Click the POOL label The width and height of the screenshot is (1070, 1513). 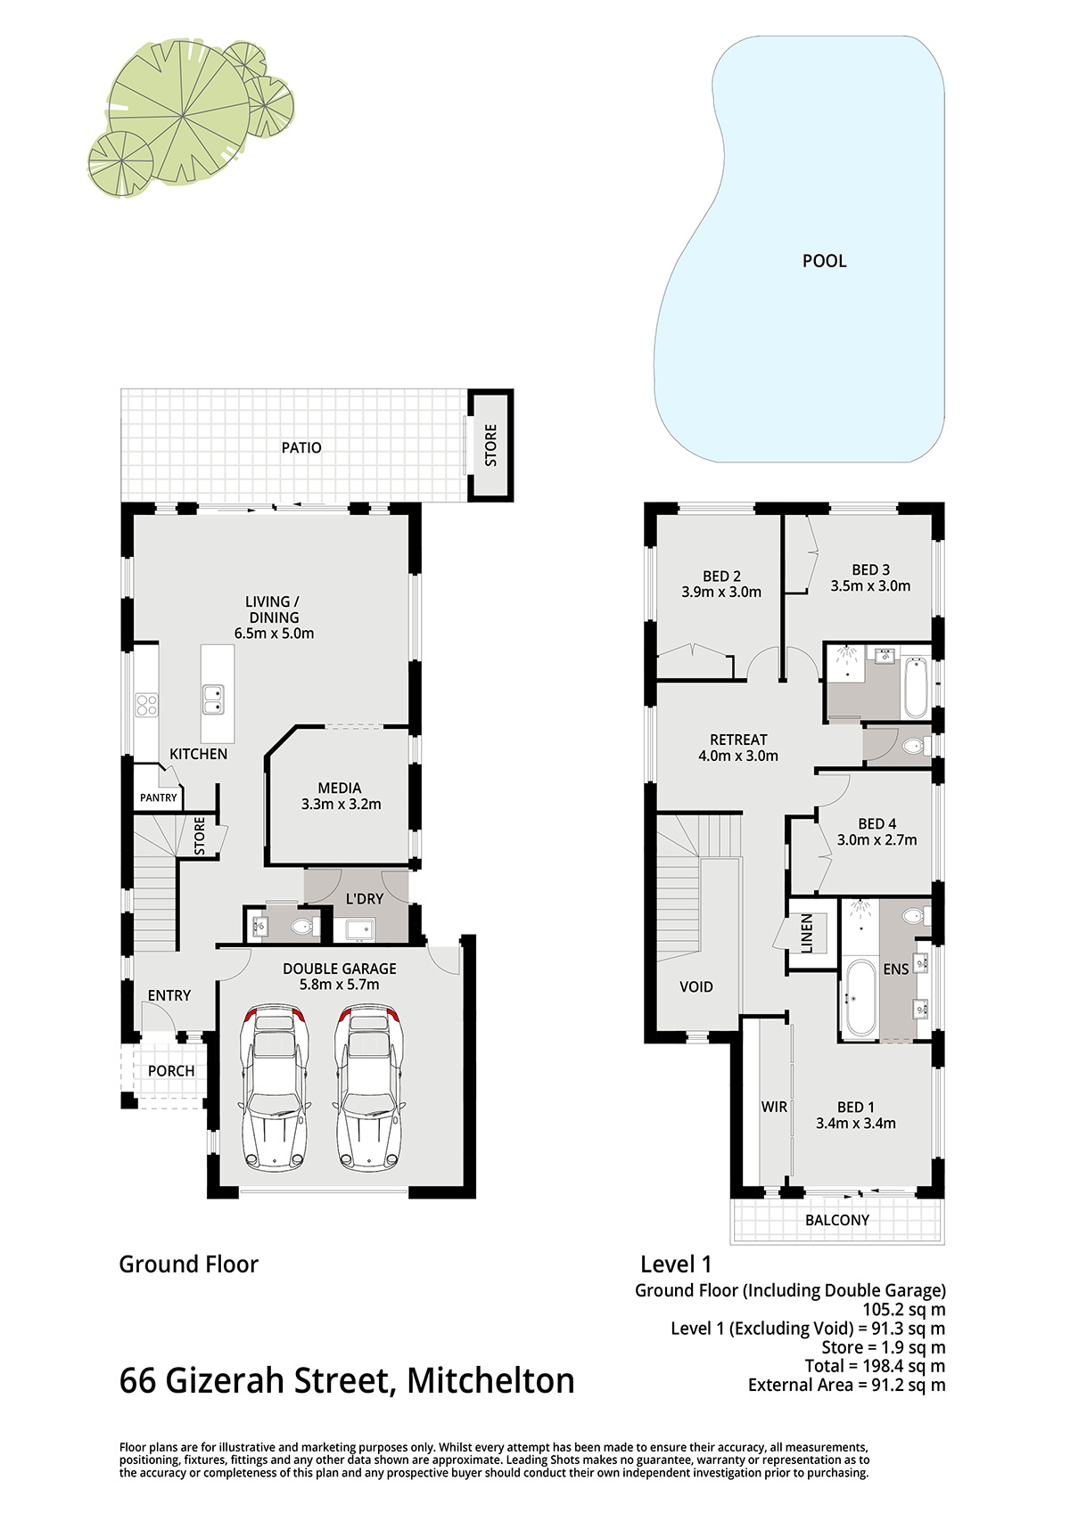824,261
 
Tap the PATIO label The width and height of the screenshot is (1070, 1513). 301,447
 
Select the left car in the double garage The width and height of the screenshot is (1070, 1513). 276,1087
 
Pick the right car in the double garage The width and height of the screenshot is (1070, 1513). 369,1087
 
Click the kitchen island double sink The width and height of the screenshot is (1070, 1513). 214,699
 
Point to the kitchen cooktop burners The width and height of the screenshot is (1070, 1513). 146,705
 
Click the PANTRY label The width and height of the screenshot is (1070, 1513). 158,797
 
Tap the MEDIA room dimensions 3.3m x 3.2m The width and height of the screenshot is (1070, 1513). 342,805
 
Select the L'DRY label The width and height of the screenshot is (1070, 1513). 365,899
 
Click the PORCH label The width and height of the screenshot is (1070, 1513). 171,1071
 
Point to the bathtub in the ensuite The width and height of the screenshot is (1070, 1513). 860,998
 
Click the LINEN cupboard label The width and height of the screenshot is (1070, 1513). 807,934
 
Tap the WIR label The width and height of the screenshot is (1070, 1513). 774,1107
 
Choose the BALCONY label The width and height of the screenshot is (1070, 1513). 836,1220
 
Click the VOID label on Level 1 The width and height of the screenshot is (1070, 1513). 696,986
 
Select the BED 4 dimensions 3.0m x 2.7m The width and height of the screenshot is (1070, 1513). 877,840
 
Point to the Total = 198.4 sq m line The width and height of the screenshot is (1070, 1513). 875,1366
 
